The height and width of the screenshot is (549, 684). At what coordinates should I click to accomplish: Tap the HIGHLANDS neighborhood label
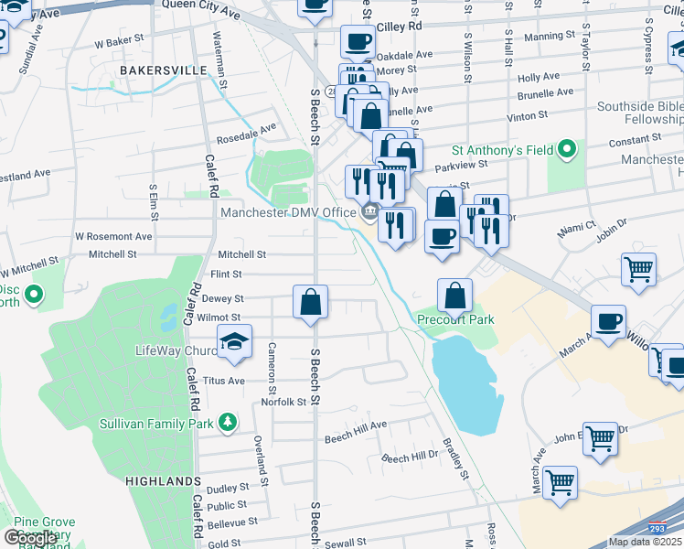[163, 480]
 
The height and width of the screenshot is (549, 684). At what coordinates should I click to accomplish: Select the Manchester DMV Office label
[288, 212]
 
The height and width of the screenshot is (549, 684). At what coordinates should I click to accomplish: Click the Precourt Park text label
[455, 319]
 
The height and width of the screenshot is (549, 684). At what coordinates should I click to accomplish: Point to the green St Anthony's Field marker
[567, 148]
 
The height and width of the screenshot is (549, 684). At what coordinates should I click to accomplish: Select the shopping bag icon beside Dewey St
[310, 301]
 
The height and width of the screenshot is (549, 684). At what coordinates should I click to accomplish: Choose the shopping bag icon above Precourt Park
[454, 295]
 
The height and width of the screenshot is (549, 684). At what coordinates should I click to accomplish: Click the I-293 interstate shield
[657, 528]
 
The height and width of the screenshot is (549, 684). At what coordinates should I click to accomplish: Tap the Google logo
[30, 538]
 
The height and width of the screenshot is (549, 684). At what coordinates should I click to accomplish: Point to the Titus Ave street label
[224, 381]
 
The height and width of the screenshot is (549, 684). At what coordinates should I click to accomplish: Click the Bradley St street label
[456, 462]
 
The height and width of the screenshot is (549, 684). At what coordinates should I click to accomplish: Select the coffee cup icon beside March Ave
[608, 321]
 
